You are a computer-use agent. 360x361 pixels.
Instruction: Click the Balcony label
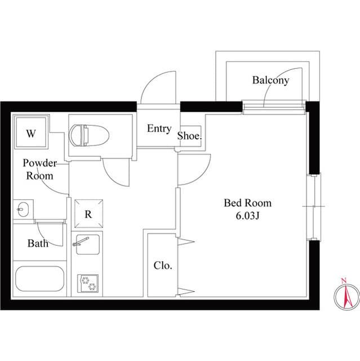click(x=270, y=80)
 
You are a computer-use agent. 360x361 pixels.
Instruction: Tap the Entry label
click(x=159, y=129)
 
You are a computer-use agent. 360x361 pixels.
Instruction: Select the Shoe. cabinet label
click(x=190, y=136)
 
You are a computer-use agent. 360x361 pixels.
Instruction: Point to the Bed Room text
click(x=247, y=202)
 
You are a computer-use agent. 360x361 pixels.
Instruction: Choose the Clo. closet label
click(x=163, y=265)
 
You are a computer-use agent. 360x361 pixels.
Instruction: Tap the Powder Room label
click(x=39, y=169)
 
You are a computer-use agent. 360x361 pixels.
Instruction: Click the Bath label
click(x=37, y=244)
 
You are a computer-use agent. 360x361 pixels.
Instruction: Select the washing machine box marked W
click(x=32, y=134)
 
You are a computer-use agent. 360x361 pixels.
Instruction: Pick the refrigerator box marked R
click(x=88, y=214)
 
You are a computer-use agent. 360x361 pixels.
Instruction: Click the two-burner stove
click(x=87, y=282)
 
